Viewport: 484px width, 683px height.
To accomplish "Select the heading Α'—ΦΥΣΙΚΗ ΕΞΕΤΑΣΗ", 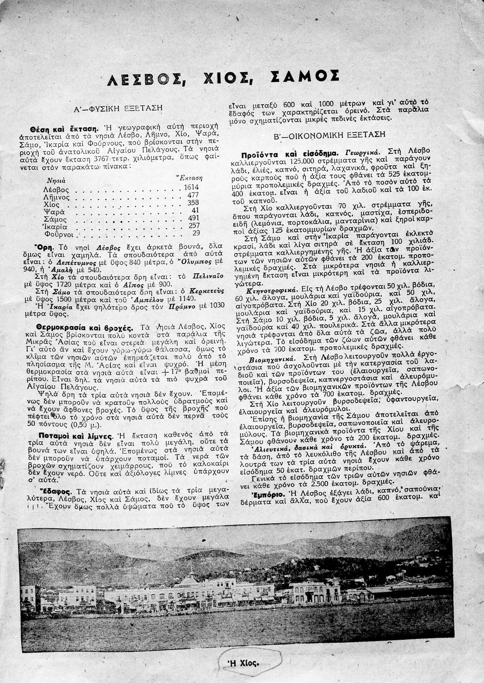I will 118,109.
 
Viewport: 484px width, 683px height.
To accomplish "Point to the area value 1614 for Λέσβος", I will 191,187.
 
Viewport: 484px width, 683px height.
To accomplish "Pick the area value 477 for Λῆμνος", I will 194,195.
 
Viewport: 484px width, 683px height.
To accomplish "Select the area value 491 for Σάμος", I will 194,218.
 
